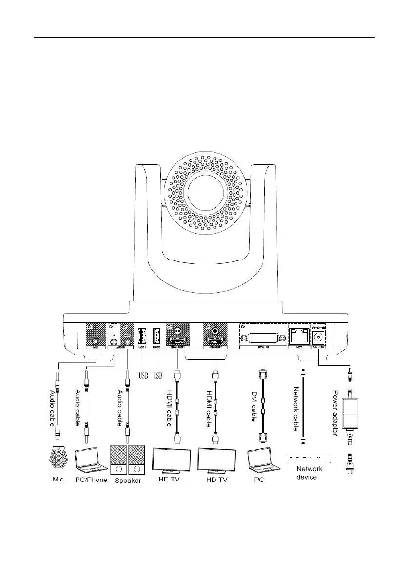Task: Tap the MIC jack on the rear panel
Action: coord(96,342)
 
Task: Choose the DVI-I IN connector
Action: coord(262,340)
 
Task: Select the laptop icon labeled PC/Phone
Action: coord(91,460)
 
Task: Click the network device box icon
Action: coord(308,458)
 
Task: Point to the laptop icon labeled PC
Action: coord(262,460)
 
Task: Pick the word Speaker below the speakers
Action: coord(128,481)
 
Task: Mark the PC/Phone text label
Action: coord(91,480)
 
